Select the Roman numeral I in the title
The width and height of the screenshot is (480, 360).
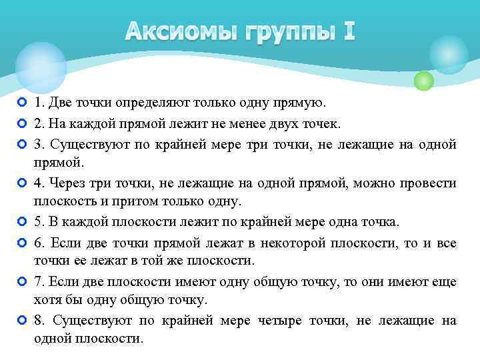tap(349, 31)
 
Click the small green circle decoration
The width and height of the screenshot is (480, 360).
tap(424, 81)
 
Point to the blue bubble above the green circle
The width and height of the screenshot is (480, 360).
tap(448, 54)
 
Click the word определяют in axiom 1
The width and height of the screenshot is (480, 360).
tap(148, 103)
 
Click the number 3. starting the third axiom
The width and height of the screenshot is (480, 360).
tap(39, 143)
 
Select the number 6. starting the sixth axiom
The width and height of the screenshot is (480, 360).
tap(39, 242)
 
